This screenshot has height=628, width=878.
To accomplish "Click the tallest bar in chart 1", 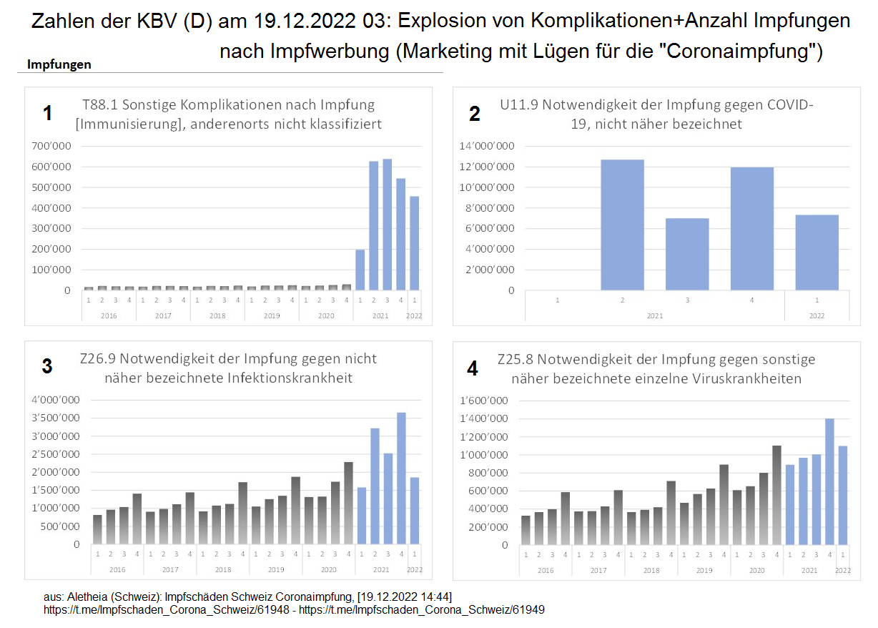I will click(387, 225).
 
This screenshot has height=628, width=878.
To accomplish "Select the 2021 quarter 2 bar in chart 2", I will click(622, 225).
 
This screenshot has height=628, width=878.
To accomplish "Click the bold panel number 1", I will click(47, 113).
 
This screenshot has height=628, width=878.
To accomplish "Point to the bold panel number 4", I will click(472, 368).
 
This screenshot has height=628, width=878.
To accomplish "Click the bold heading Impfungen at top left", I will click(59, 64).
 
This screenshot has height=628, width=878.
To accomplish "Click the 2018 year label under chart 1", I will click(217, 315).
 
